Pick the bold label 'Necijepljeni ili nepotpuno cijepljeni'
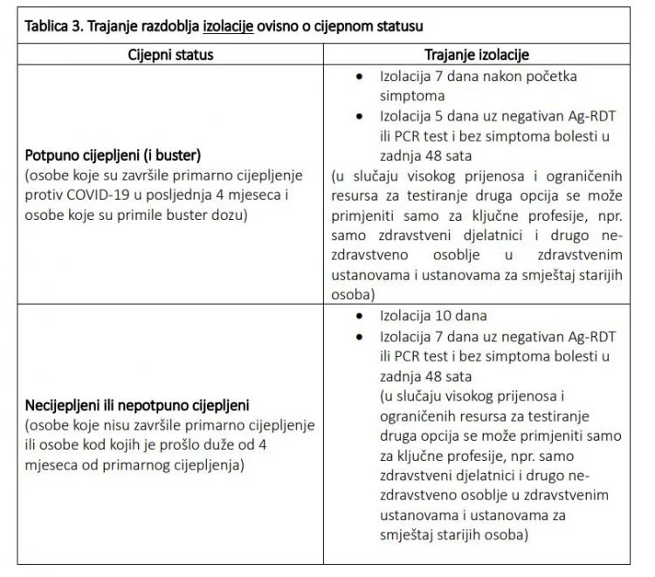click(x=138, y=406)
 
